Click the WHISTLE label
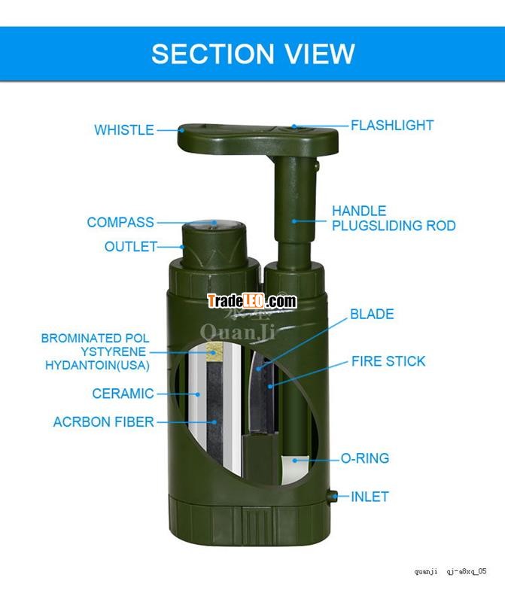pos(124,130)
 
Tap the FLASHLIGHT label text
pos(392,126)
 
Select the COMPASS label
pos(120,222)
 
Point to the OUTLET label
pos(130,247)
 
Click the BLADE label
pos(372,314)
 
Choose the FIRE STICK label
pos(388,361)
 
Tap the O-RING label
pos(365,458)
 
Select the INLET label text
pos(370,497)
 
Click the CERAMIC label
pos(123,394)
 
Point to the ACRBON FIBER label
pos(103,422)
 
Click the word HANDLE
pos(359,211)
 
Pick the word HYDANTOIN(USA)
pos(97,365)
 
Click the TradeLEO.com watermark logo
pos(252,301)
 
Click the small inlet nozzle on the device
pos(332,497)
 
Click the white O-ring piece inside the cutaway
pos(295,469)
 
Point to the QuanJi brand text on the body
pos(238,332)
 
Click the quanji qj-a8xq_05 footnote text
pos(450,571)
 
